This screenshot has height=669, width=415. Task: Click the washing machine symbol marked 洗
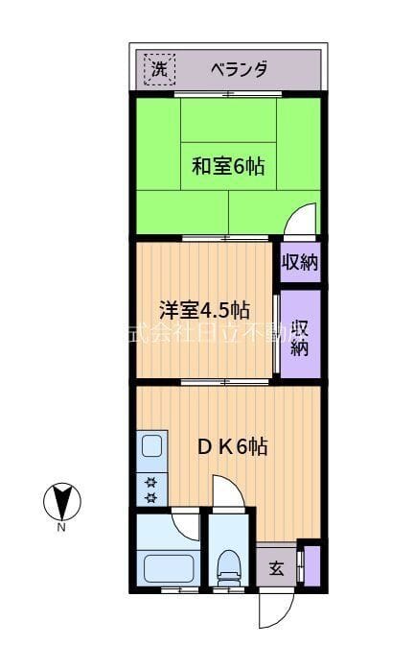[x=160, y=69]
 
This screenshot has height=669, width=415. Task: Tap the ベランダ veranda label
[x=238, y=69]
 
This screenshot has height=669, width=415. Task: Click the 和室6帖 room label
[x=227, y=166]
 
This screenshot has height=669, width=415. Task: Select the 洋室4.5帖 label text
[x=204, y=310]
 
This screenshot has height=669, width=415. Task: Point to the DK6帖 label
[x=232, y=446]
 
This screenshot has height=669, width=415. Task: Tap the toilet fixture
[x=228, y=571]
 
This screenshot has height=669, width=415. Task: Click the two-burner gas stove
[x=150, y=489]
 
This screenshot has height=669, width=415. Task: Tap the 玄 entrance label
[x=276, y=567]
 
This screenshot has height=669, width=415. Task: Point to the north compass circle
[x=62, y=502]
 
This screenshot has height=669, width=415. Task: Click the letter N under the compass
[x=61, y=527]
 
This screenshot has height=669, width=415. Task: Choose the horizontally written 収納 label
[x=300, y=262]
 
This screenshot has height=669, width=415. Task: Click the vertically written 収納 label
[x=300, y=335]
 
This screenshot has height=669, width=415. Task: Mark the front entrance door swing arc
[x=275, y=610]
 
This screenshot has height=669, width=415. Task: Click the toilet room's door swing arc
[x=229, y=493]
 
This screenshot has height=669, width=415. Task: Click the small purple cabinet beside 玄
[x=309, y=565]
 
